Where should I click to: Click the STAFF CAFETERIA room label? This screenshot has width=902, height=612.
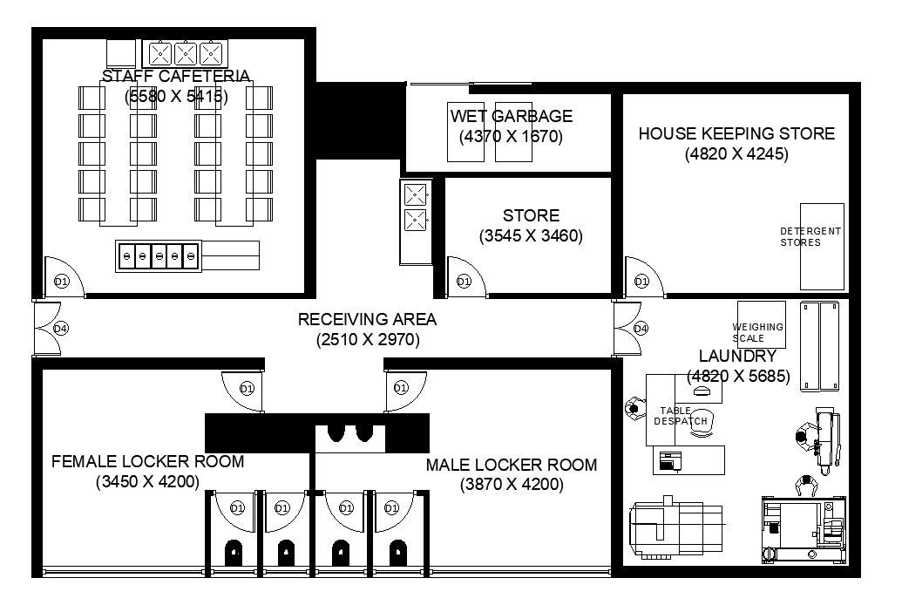pos(176,77)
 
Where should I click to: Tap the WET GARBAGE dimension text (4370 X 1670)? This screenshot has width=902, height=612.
pos(511,137)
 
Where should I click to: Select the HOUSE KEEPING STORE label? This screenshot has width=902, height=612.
pos(736,133)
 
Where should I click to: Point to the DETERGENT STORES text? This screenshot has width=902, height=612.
pos(810,236)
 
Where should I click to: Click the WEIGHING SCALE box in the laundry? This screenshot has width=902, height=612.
pos(761,325)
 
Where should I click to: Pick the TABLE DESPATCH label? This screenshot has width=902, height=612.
pos(681,416)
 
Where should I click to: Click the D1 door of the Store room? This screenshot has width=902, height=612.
pos(464,281)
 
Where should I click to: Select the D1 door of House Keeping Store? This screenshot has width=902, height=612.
pos(642,281)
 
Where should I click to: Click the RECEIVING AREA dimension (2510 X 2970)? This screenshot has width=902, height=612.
pos(368,340)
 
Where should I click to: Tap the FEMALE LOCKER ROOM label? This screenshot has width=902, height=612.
pos(147,461)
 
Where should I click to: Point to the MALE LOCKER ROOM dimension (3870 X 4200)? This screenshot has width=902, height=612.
pos(512,485)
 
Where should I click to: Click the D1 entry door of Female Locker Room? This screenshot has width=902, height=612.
pos(247,388)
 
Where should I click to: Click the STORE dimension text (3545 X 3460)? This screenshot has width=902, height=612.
pos(531,235)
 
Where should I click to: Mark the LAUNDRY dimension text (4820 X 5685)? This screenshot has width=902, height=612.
pos(738,377)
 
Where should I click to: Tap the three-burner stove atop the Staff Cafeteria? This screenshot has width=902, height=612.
pos(184,54)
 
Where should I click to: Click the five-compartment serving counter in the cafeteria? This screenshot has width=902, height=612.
pos(159,256)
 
